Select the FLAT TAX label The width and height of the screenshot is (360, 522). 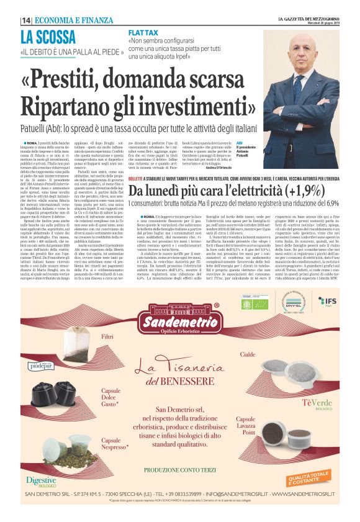pos(144,31)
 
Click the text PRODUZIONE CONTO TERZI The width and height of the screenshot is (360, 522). pos(180,470)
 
